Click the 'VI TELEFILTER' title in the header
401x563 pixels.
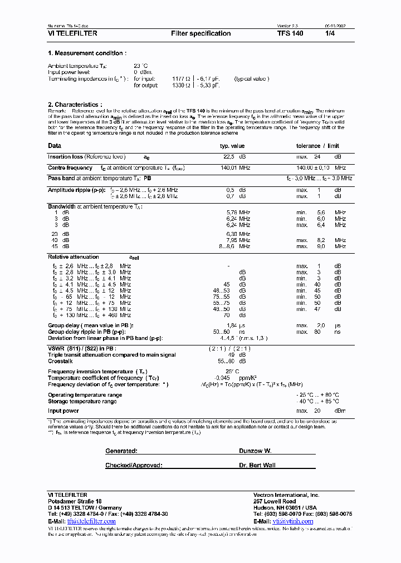[x=72, y=33]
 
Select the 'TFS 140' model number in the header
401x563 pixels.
[x=290, y=33]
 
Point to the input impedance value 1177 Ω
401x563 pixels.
[x=182, y=79]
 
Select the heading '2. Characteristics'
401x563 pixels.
[x=75, y=105]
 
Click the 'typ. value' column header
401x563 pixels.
[x=232, y=146]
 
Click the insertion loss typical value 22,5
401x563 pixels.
[x=228, y=157]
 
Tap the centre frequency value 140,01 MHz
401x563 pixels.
[x=235, y=167]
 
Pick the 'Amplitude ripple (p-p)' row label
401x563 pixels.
[x=76, y=190]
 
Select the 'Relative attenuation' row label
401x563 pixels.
[x=73, y=257]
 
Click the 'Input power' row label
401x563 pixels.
[x=63, y=411]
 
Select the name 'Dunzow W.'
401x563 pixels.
[x=255, y=451]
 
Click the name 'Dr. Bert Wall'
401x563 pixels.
[x=257, y=465]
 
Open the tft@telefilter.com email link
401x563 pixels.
[x=91, y=521]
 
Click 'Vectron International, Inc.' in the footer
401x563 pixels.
[x=286, y=495]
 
